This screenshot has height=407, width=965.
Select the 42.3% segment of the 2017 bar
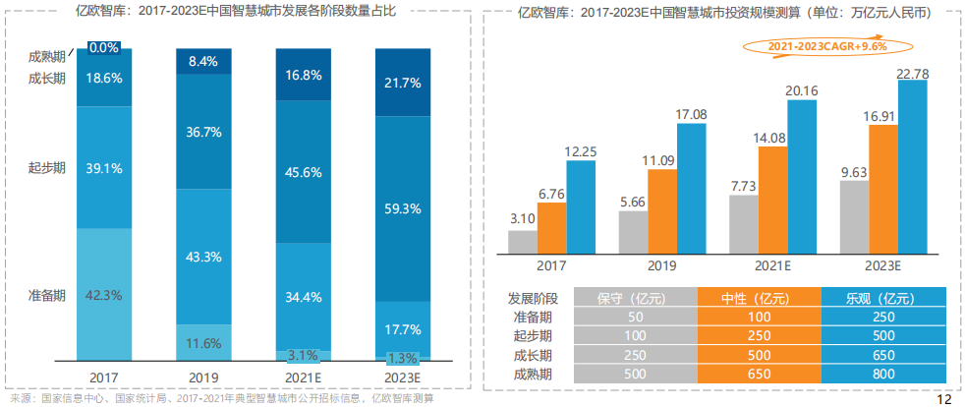(x=104, y=294)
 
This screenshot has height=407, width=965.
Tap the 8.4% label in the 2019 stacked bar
(x=202, y=61)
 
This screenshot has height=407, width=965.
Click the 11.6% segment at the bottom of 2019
(x=202, y=343)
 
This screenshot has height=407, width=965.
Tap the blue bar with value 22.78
(x=912, y=167)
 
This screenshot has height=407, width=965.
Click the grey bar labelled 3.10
(x=523, y=243)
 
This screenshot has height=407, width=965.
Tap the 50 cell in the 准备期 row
(x=633, y=317)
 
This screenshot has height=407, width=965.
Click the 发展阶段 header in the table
(x=533, y=298)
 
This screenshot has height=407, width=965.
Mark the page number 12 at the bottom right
(x=944, y=399)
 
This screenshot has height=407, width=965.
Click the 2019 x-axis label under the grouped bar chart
(x=662, y=265)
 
